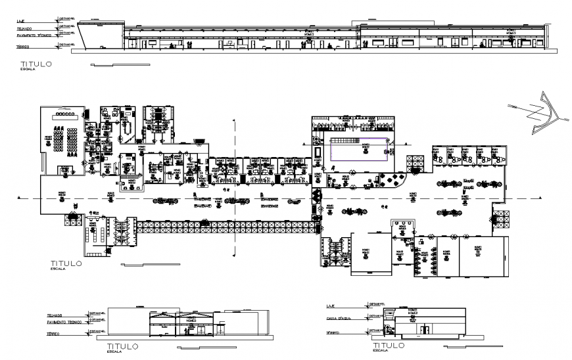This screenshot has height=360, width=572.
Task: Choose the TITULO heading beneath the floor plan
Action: [66, 263]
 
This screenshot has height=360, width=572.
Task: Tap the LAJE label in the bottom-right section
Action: [331, 305]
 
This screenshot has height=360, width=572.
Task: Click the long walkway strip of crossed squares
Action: [224, 227]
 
